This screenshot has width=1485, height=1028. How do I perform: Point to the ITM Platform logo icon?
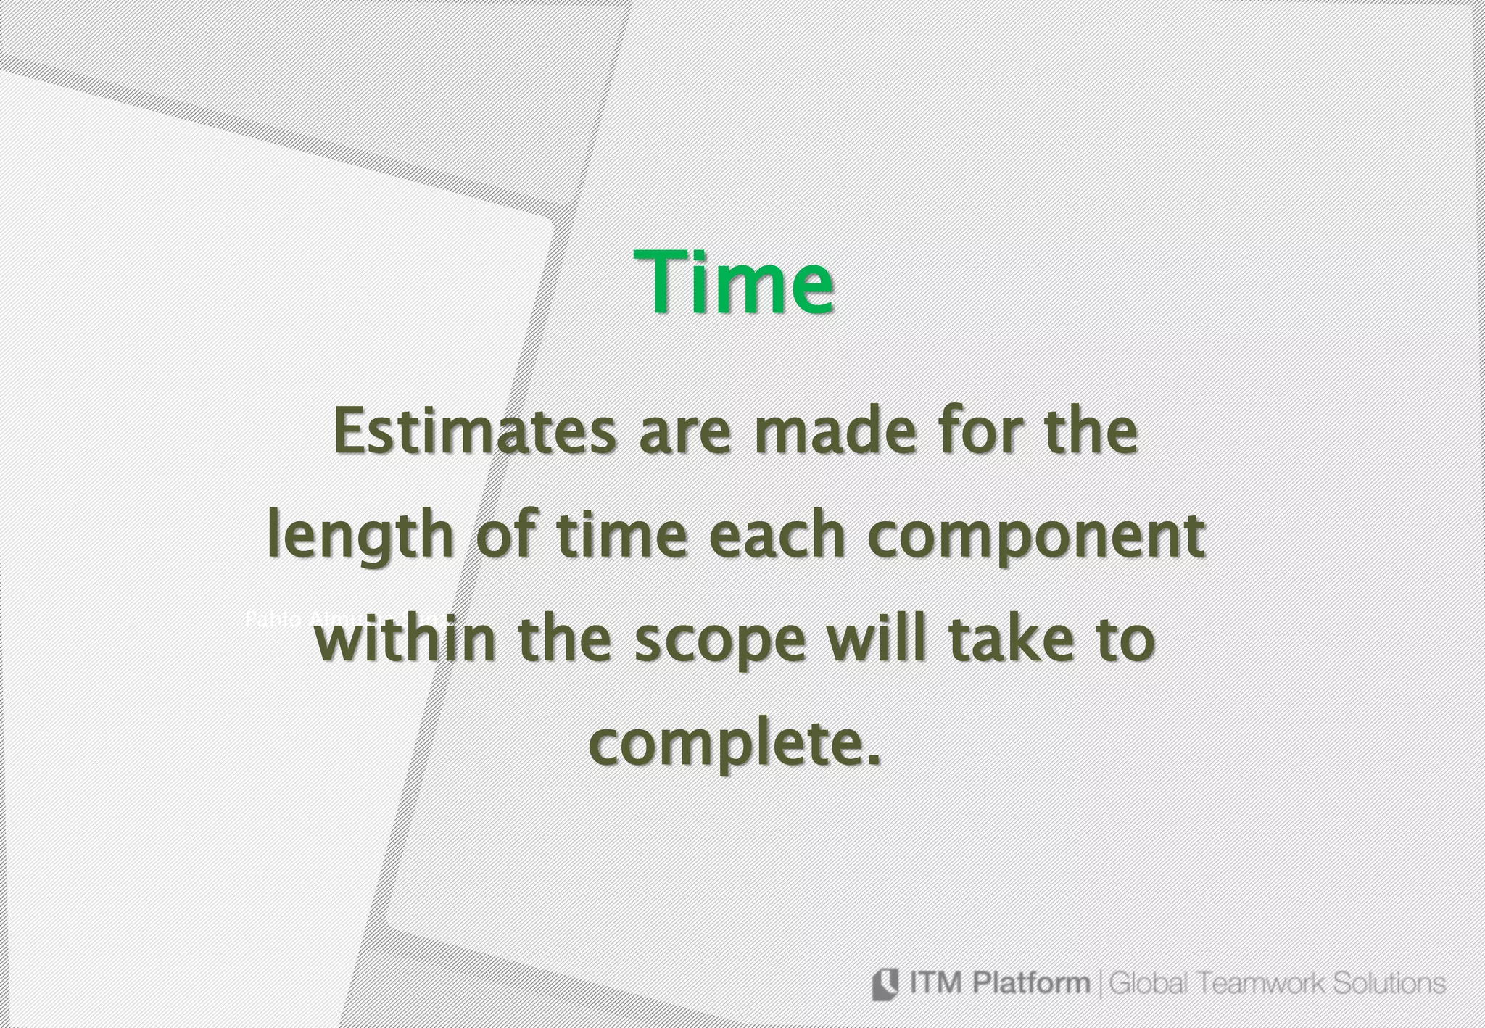point(883,985)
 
